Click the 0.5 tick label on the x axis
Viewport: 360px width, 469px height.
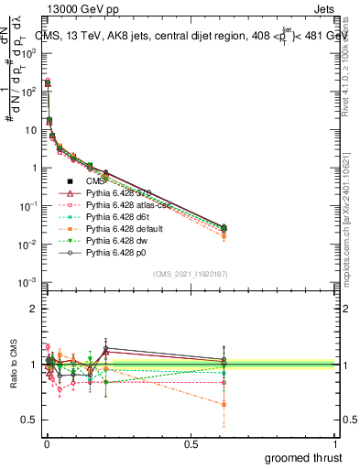191,444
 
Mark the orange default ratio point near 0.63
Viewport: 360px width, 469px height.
224,404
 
